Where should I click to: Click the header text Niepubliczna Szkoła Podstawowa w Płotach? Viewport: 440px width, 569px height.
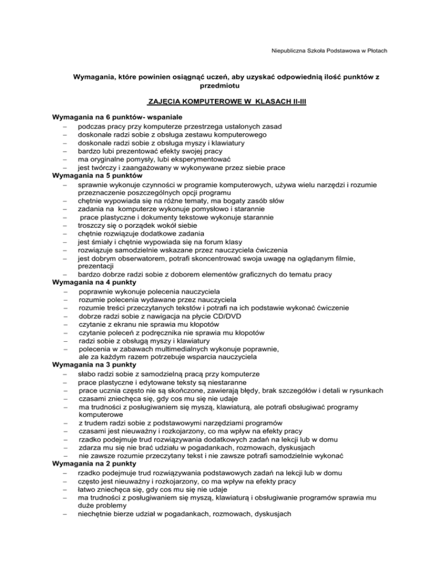pos(329,51)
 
